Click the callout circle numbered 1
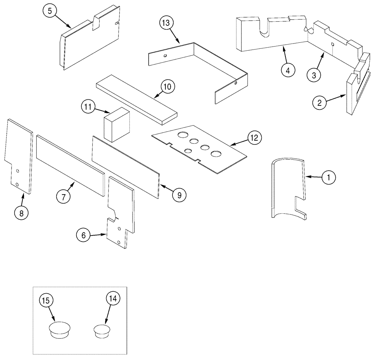point(328,178)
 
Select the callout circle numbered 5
point(49,11)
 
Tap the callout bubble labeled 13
point(166,23)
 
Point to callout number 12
point(254,138)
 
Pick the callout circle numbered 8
point(21,213)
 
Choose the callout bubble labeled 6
point(83,235)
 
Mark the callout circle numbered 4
point(288,70)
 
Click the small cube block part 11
point(115,124)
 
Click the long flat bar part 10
point(137,100)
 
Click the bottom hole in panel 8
point(17,184)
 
